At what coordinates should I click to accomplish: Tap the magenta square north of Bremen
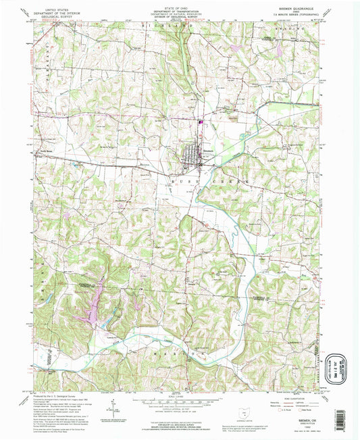201,122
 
